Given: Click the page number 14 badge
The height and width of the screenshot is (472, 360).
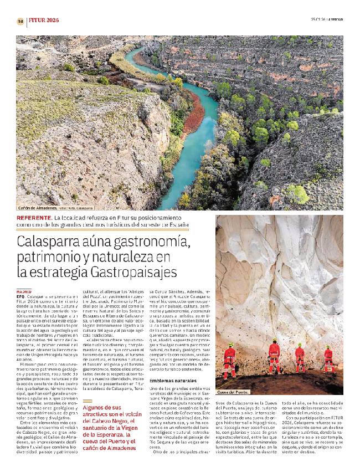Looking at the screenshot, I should [20, 20].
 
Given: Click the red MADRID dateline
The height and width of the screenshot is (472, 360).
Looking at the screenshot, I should [23, 291].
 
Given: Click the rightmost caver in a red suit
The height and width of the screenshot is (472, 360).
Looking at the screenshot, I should [328, 359].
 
